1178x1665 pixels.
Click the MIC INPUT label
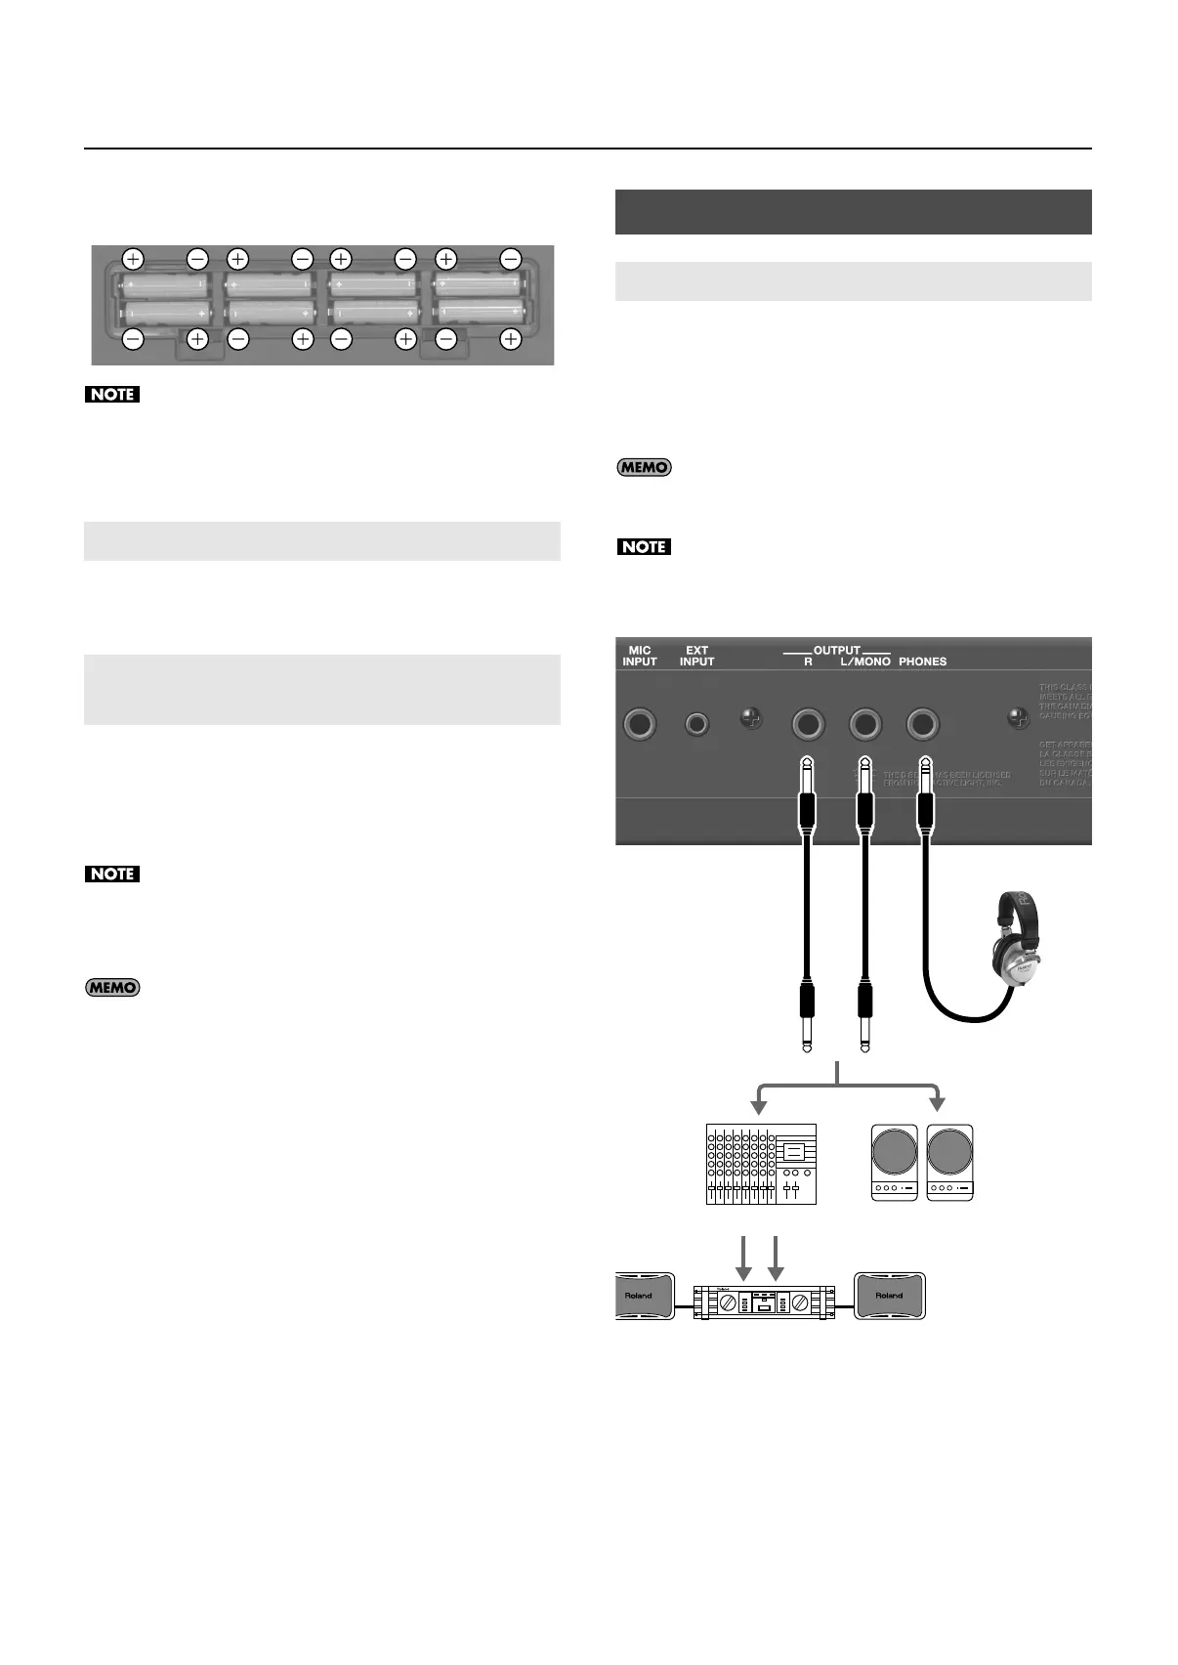pos(640,656)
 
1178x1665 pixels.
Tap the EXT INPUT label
pos(696,656)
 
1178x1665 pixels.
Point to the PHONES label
pos(922,662)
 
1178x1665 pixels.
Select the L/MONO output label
pos(865,662)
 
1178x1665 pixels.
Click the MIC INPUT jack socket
pos(640,724)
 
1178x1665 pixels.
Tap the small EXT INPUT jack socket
pos(696,724)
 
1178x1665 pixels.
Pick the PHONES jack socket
pos(922,724)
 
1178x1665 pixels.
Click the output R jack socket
pos(809,724)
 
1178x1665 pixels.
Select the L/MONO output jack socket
pos(864,724)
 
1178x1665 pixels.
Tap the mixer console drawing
pos(761,1164)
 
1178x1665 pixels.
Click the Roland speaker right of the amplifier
pos(889,1296)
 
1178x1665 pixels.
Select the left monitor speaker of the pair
pos(895,1163)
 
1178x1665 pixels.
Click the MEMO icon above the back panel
pos(644,467)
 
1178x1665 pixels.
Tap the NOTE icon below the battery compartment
pos(112,395)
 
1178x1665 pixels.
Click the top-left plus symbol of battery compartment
pos(133,259)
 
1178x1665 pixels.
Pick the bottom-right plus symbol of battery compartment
pos(510,339)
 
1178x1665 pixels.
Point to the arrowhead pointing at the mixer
pos(757,1105)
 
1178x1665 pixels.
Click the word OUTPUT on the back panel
pos(837,650)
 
